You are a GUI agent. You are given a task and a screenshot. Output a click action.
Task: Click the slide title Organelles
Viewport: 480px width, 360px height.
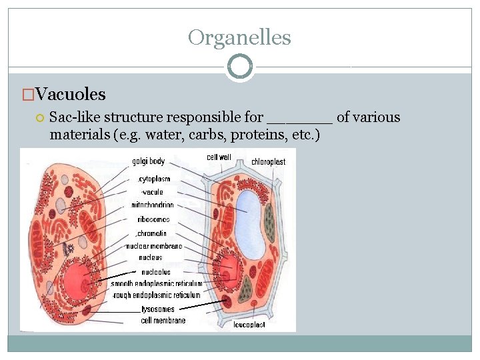239,37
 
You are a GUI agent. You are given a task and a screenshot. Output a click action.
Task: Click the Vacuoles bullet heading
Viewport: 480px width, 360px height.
70,95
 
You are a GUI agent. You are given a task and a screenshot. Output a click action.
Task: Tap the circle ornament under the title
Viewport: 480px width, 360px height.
239,67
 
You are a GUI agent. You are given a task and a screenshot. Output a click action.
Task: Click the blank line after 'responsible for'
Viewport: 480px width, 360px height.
299,118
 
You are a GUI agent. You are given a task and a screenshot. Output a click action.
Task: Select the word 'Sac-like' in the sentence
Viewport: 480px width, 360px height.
73,118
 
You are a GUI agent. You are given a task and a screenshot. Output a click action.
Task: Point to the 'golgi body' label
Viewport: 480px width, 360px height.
148,161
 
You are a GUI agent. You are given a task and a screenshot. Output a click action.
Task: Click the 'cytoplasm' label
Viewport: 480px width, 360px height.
154,179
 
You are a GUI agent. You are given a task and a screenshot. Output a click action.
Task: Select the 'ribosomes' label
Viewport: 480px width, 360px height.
154,219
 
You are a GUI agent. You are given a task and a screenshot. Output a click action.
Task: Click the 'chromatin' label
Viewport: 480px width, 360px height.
152,233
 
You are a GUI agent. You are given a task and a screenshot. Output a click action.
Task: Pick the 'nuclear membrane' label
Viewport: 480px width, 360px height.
153,246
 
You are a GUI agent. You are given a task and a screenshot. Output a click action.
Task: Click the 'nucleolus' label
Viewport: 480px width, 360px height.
155,272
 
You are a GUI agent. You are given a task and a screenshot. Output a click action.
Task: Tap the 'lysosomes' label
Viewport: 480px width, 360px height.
158,309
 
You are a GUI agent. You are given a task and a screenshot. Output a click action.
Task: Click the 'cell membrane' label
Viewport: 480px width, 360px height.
163,320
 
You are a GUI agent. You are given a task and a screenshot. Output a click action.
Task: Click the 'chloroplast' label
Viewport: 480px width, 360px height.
268,162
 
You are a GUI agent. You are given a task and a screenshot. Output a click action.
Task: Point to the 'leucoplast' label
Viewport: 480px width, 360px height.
249,325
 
